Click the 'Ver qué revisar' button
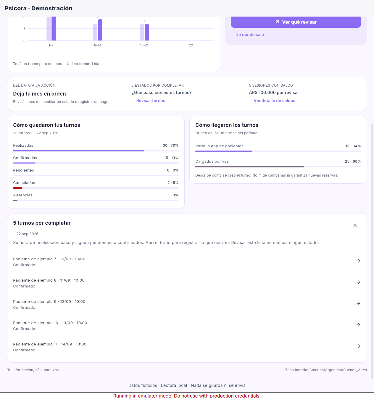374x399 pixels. tap(296, 22)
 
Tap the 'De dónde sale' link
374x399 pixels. tap(249, 35)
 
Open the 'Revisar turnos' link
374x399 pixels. tap(151, 101)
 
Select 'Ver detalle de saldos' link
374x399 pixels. tap(274, 101)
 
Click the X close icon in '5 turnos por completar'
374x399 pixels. tap(355, 225)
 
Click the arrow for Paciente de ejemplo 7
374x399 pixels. tap(358, 261)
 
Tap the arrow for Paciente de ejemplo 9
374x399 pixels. tap(358, 303)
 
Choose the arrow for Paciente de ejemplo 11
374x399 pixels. tap(358, 346)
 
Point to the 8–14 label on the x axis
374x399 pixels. tap(98, 46)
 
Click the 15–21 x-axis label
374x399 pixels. tap(144, 46)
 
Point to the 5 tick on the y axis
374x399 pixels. tap(24, 29)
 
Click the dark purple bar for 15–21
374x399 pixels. tap(147, 32)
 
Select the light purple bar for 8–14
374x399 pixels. tap(95, 32)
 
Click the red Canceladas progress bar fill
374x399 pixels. tap(17, 188)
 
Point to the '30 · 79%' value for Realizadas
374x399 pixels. tap(170, 146)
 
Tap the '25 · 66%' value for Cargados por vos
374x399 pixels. tap(353, 161)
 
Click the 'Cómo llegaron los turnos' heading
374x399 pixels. tap(227, 125)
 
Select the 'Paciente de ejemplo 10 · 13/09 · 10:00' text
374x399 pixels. tap(50, 323)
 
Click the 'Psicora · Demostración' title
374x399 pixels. tap(38, 8)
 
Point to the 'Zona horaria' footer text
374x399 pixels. tap(326, 370)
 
